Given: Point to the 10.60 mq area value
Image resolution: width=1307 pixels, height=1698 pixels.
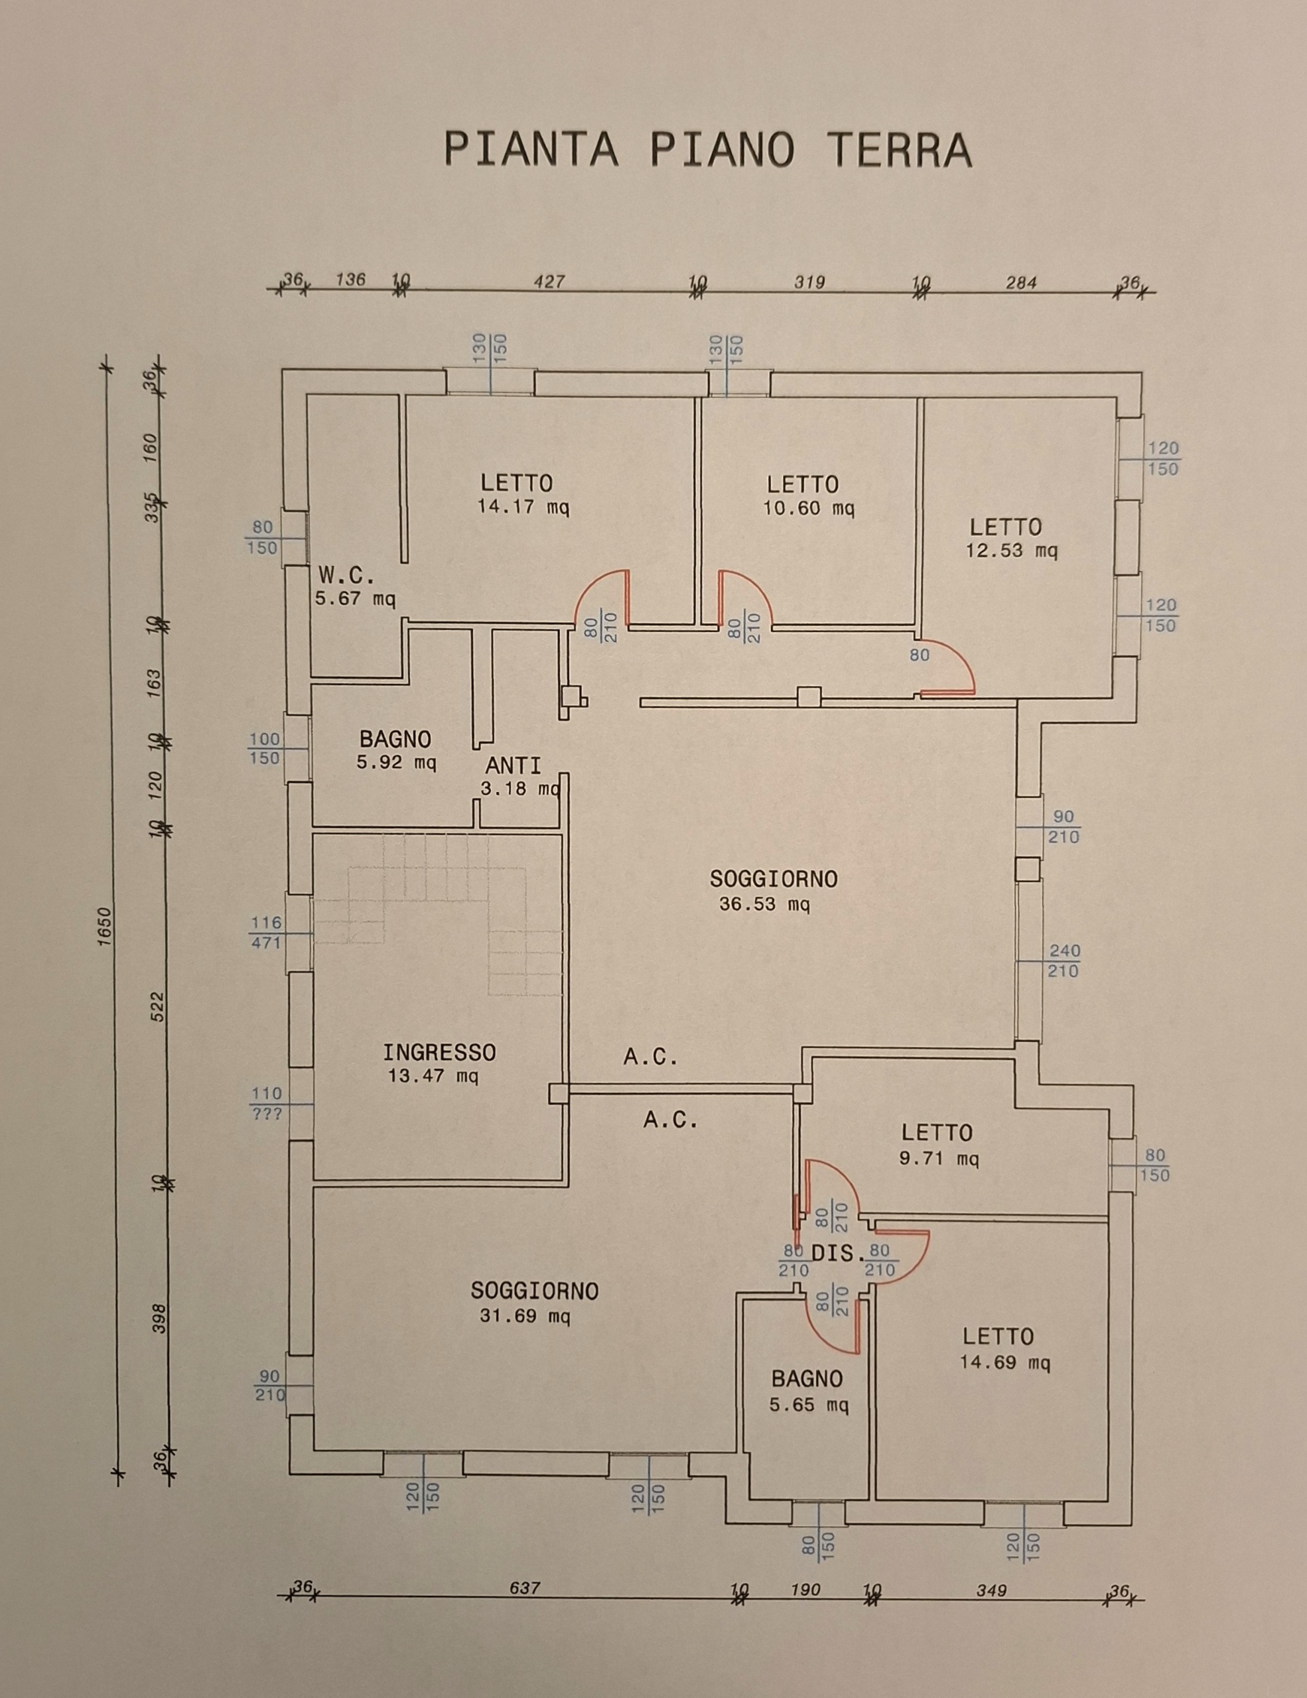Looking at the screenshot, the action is [809, 509].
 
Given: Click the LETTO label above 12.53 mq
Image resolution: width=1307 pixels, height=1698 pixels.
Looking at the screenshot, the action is [1005, 527].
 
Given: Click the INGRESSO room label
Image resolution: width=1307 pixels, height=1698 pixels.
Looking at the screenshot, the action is [439, 1053].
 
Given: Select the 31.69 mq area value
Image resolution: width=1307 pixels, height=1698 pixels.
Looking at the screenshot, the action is [525, 1317].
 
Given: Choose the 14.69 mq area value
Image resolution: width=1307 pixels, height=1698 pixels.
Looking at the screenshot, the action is [1005, 1362].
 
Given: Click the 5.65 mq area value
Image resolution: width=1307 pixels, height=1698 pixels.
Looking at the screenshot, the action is [809, 1405].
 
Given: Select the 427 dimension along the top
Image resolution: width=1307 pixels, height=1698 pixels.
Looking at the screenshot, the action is [549, 281].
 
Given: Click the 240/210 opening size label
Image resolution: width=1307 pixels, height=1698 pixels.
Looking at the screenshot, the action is [1064, 961].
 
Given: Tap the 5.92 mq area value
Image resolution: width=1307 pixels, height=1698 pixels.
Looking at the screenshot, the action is [397, 763].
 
